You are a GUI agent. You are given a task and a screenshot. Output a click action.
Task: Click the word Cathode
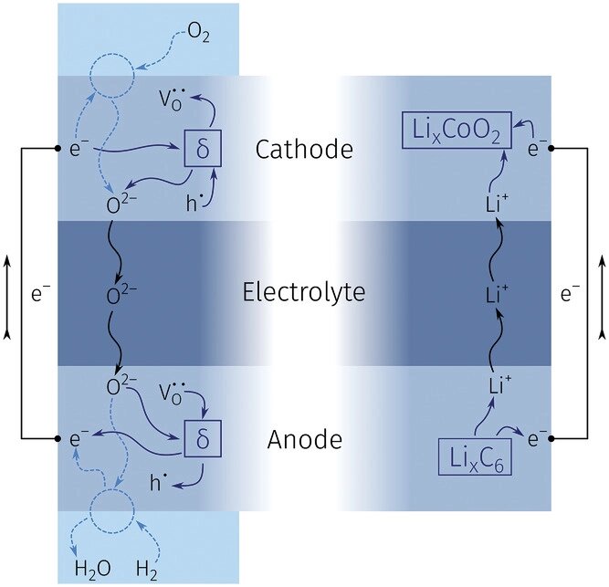[304, 149]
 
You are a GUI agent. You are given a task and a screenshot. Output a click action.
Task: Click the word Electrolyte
[304, 292]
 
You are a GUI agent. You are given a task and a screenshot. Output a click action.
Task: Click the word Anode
[305, 440]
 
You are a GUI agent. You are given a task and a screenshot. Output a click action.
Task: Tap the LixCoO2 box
[457, 130]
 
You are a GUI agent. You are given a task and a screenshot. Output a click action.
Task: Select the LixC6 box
[475, 457]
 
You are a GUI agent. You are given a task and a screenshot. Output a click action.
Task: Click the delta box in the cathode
[203, 148]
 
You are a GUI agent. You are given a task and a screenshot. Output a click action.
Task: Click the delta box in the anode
[203, 439]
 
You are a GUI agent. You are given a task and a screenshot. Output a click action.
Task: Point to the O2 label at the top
[199, 33]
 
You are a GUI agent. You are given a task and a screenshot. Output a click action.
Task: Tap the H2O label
[93, 570]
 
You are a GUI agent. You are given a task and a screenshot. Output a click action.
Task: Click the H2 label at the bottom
[147, 570]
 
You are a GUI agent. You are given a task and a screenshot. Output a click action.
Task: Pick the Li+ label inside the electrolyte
[497, 294]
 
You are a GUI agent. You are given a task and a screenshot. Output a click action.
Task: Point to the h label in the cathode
[193, 204]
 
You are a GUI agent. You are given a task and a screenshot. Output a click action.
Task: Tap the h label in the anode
[157, 482]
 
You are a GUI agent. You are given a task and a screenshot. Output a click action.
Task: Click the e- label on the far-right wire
[570, 294]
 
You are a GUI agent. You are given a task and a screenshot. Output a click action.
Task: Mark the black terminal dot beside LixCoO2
[551, 148]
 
